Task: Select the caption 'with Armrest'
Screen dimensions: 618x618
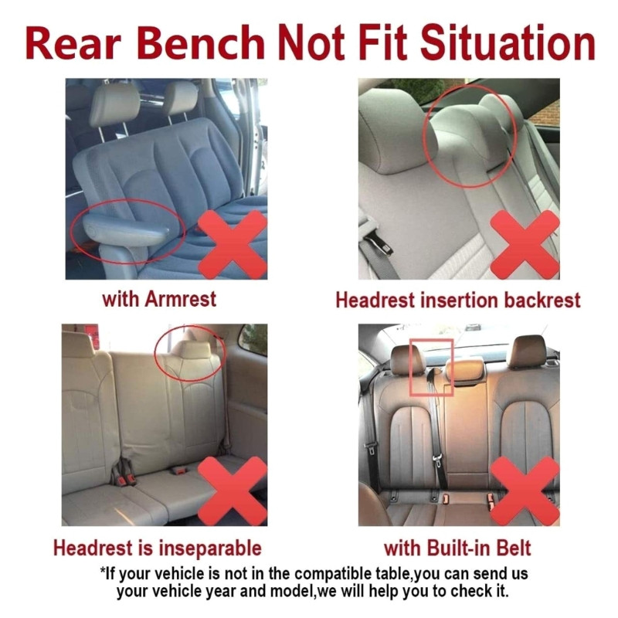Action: (159, 299)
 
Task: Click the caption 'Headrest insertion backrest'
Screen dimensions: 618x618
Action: (458, 300)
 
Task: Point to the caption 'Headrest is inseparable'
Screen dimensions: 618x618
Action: (158, 548)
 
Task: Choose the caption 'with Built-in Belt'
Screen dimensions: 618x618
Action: (457, 548)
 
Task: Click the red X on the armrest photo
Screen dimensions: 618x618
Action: (233, 244)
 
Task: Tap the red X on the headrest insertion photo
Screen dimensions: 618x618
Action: (525, 244)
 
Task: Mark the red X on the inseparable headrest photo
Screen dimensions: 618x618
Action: (233, 491)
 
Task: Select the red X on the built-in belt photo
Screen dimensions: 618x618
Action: (525, 491)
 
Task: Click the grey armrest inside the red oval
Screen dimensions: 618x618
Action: (127, 232)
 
